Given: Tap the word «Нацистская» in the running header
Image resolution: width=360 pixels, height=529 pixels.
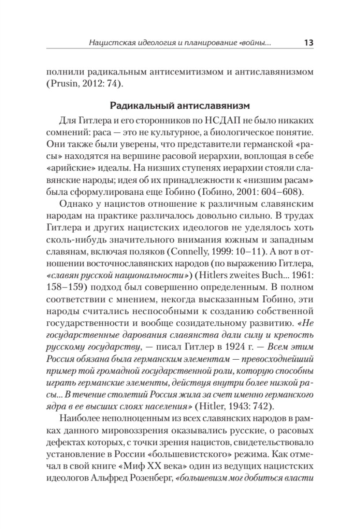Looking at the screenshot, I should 109,43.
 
